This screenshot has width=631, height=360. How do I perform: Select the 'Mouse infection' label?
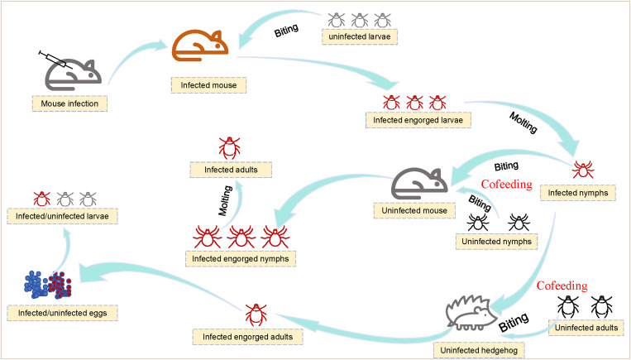[x=69, y=103]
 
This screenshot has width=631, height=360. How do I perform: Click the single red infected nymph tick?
[x=585, y=169]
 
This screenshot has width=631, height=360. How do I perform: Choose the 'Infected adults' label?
[x=227, y=170]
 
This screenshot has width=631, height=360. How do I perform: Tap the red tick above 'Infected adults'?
[x=227, y=147]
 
